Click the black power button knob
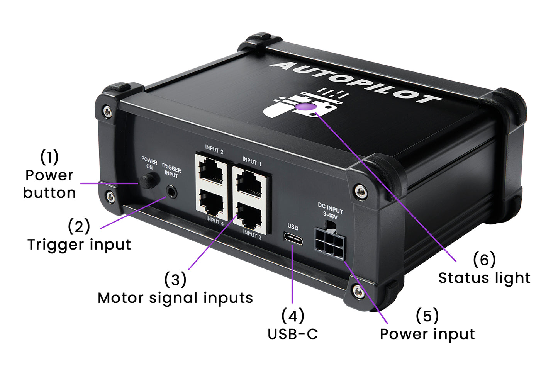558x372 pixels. tap(149, 181)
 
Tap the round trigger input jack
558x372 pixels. tap(171, 191)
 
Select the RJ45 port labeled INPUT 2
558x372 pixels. tap(212, 171)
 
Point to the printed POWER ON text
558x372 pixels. tap(149, 163)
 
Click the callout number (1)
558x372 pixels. tap(49, 157)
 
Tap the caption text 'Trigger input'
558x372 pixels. tap(79, 245)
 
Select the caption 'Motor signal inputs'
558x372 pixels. tap(175, 298)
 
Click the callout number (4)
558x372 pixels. tap(293, 316)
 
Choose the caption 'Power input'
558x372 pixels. tap(427, 334)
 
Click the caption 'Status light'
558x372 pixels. tap(484, 278)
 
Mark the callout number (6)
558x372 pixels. tap(484, 260)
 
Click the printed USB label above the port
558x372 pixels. tap(293, 227)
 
